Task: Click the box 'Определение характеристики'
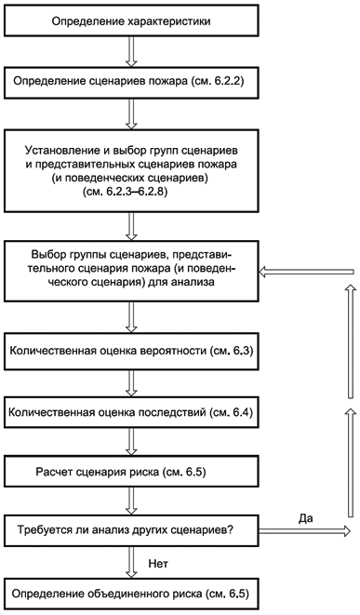click(x=129, y=20)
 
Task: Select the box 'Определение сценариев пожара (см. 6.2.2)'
click(x=129, y=82)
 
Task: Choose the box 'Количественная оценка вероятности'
click(x=129, y=354)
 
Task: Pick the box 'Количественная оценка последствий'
click(x=129, y=411)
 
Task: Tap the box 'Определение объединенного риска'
click(x=129, y=593)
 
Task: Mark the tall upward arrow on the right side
click(x=350, y=400)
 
